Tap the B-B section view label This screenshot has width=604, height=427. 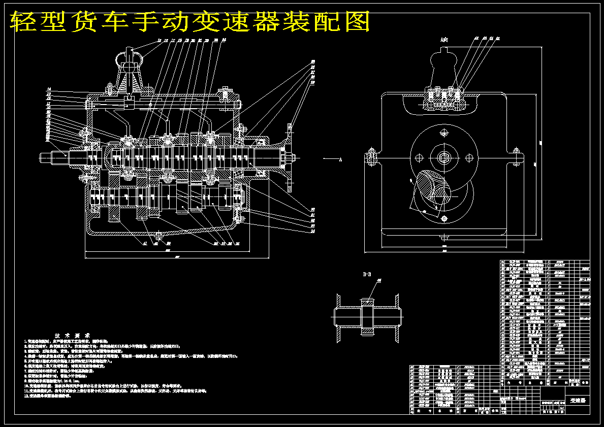pos(366,275)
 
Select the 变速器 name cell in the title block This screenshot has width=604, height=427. pos(577,401)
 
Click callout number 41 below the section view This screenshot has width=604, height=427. pos(145,243)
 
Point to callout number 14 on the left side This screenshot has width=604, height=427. pos(49,89)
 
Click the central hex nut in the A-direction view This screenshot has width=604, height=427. pos(446,158)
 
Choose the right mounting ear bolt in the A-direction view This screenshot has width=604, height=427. pos(517,157)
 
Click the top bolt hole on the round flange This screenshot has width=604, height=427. pos(445,133)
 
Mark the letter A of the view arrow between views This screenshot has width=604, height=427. pos(340,159)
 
